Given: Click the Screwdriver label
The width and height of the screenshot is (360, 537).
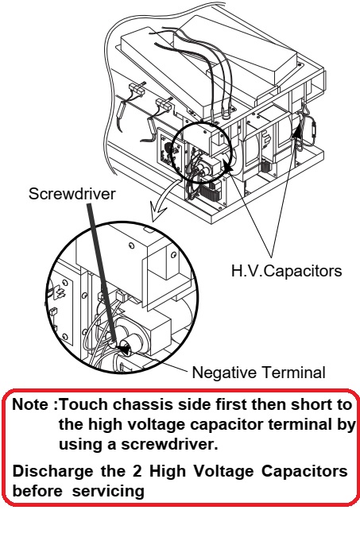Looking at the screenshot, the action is click(72, 194).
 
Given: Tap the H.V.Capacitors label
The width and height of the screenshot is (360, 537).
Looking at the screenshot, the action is click(287, 271).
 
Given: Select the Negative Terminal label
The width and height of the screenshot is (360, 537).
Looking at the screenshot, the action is click(258, 373).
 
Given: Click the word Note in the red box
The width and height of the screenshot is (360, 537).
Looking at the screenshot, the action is click(30, 404).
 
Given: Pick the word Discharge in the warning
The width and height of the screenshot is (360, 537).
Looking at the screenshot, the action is click(52, 472).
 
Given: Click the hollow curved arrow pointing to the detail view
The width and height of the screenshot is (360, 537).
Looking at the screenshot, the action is click(165, 197).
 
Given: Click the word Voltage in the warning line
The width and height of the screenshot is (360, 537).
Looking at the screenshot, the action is click(223, 472).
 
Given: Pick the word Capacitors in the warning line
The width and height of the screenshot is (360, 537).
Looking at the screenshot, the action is click(305, 472).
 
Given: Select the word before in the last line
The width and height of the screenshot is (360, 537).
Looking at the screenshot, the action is click(37, 492).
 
